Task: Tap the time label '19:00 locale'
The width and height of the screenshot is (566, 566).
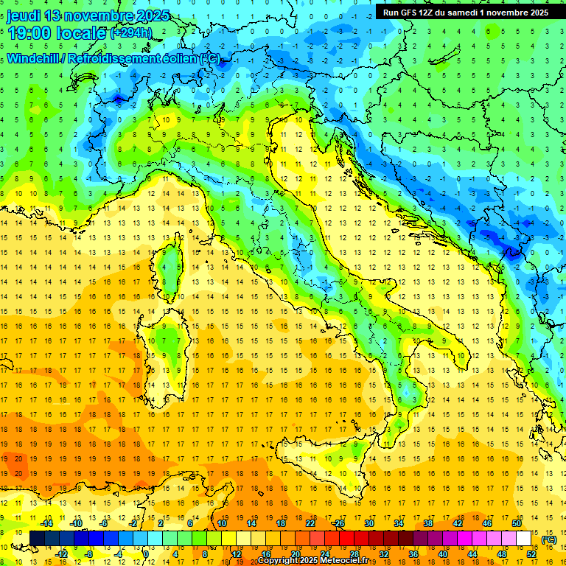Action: click(56, 32)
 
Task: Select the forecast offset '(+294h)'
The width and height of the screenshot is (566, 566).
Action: click(131, 33)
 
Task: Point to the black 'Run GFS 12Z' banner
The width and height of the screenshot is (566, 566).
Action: click(465, 13)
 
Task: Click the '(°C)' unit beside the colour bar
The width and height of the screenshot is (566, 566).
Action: click(549, 539)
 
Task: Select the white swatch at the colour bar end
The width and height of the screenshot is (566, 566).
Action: click(524, 539)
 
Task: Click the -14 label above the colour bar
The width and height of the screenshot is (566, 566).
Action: click(46, 523)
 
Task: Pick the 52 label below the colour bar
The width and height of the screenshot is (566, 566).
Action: click(531, 554)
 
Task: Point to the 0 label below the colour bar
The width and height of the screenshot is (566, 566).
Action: click(146, 554)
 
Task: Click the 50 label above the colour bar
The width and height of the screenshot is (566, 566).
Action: click(516, 523)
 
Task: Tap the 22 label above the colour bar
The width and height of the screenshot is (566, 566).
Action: click(310, 523)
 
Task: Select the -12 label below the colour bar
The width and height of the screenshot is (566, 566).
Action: click(60, 554)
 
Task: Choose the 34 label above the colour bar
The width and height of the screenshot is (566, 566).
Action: click(399, 523)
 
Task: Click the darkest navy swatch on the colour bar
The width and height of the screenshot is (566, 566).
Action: click(37, 539)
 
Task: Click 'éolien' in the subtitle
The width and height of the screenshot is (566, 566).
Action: click(177, 58)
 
